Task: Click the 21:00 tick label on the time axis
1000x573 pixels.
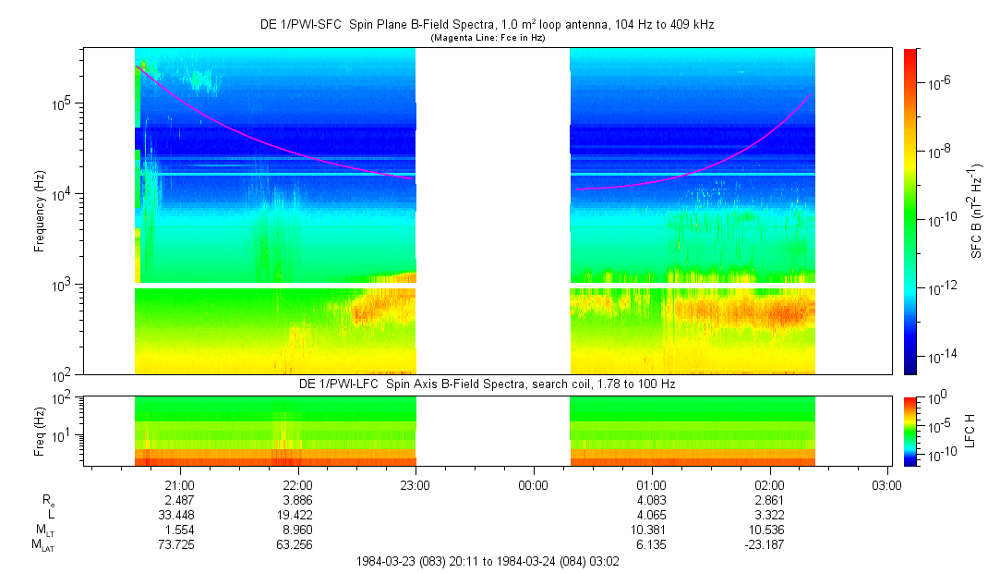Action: (178, 484)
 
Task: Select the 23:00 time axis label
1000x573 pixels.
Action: (415, 484)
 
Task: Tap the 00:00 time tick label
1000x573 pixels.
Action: (533, 484)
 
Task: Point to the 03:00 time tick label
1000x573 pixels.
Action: (887, 484)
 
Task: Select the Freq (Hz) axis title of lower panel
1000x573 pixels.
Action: (40, 431)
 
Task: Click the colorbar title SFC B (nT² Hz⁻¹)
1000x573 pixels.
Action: (977, 211)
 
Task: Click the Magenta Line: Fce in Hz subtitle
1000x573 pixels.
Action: (488, 37)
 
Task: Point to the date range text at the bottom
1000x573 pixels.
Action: (488, 561)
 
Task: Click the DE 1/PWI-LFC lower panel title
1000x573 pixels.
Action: (488, 383)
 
